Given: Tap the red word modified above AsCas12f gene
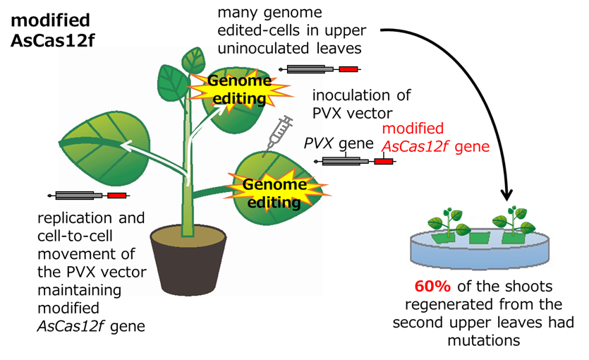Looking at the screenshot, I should [413, 129].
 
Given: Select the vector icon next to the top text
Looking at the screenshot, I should [322, 69].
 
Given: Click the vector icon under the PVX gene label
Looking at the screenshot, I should [357, 161].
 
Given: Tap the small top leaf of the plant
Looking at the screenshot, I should [191, 59].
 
